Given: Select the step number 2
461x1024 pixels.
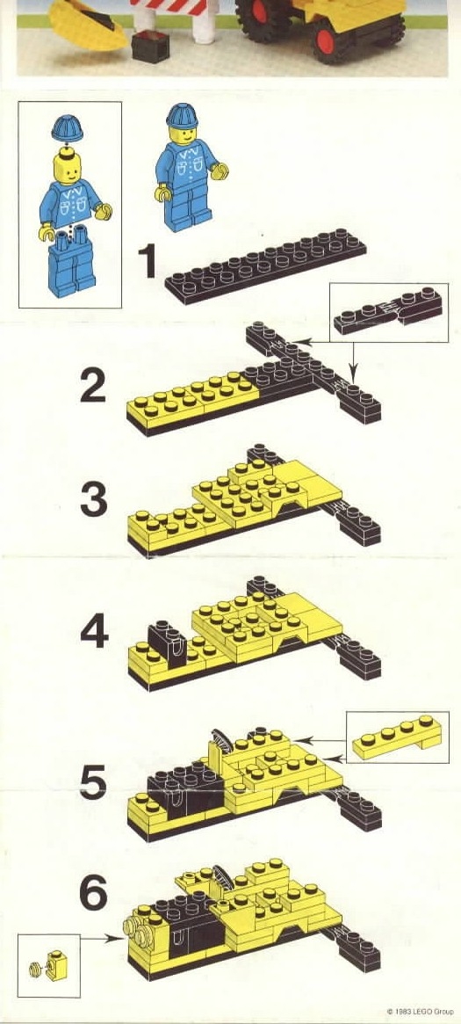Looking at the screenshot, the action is coord(92,385).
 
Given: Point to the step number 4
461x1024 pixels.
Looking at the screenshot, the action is coord(94,631).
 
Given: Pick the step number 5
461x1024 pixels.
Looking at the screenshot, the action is coord(92,781).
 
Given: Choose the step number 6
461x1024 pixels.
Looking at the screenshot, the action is coord(93,893).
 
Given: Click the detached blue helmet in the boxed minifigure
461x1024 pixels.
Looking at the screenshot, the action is coord(67,128).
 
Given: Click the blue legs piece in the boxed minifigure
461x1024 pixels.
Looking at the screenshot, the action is coord(71,261).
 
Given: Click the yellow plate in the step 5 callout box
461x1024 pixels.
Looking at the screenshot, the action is coord(396,737).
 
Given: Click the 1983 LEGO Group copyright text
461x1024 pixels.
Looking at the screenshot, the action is coord(420,1012).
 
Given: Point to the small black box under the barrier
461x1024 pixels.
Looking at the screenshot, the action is coord(150,47).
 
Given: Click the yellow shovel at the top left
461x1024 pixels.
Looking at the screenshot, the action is coord(88,23).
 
